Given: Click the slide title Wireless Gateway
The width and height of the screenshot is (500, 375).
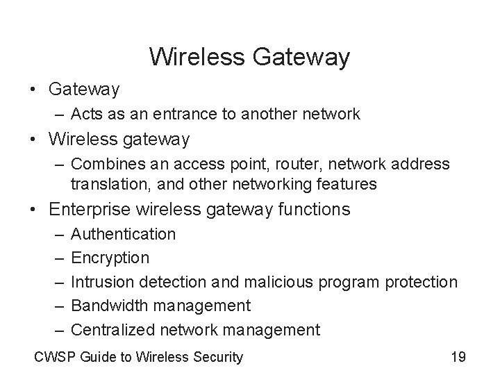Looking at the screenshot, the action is coord(249,57).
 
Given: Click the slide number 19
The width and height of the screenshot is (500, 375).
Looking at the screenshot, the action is coord(458,357).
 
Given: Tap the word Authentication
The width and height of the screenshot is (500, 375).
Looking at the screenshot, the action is coord(124,235).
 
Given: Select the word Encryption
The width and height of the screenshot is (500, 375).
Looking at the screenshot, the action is coord(110,258).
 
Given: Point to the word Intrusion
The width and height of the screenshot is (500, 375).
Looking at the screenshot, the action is coord(102,282).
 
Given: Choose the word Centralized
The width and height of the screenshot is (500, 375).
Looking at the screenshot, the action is coord(112,329).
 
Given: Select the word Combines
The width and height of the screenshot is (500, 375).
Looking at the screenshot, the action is coord(106,165).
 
